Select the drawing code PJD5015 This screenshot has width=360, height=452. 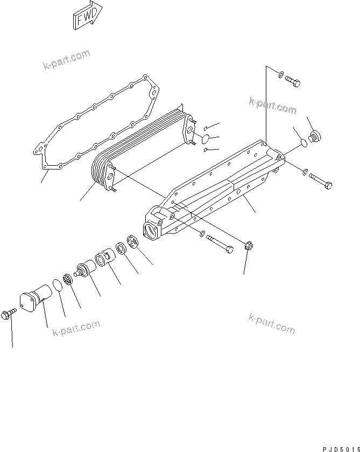pos(340,448)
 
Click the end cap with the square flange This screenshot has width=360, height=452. pos(33,300)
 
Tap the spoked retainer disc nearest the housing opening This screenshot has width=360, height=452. pos(133,242)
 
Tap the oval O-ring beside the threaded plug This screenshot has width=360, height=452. pos(302,143)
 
